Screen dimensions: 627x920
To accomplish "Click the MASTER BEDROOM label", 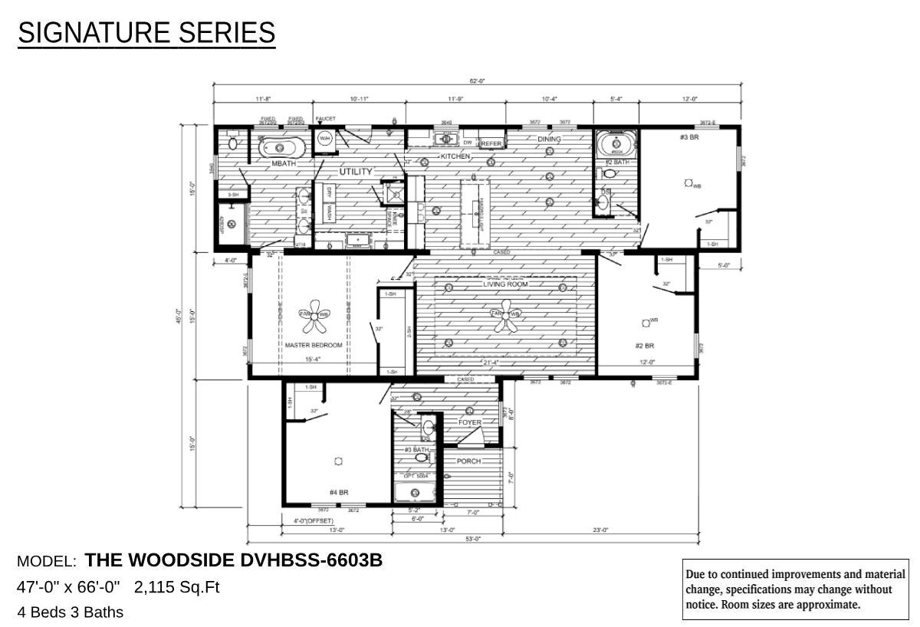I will pyautogui.click(x=314, y=346).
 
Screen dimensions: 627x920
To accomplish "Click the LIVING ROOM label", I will pyautogui.click(x=505, y=284).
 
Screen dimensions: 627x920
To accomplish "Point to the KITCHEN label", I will pyautogui.click(x=455, y=156).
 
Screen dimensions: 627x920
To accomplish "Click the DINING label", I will pyautogui.click(x=549, y=140).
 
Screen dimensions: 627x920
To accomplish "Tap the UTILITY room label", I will pyautogui.click(x=356, y=172).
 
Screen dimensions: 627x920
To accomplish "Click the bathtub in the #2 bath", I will pyautogui.click(x=616, y=144).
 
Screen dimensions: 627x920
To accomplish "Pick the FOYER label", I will pyautogui.click(x=470, y=423).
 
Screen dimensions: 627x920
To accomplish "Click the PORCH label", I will pyautogui.click(x=468, y=461).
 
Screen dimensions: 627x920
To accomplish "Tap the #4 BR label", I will pyautogui.click(x=339, y=492).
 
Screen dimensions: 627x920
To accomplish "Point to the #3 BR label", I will pyautogui.click(x=688, y=137).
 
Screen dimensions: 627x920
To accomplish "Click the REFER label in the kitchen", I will pyautogui.click(x=491, y=144).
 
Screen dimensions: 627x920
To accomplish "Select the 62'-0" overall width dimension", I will pyautogui.click(x=477, y=80).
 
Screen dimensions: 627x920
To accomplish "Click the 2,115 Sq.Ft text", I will pyautogui.click(x=176, y=588).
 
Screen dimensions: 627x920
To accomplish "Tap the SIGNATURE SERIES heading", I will pyautogui.click(x=146, y=33).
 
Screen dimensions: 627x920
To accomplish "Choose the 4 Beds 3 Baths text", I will pyautogui.click(x=71, y=612).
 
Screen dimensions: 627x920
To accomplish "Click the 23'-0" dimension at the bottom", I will pyautogui.click(x=600, y=530).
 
